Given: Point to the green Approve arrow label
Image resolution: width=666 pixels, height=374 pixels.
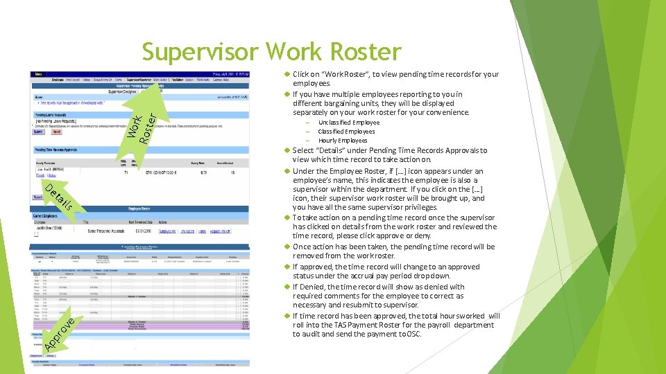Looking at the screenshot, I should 59,331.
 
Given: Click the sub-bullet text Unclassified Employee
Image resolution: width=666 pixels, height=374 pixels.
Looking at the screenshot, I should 348,123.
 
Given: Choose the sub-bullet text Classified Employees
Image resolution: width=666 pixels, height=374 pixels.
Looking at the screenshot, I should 346,132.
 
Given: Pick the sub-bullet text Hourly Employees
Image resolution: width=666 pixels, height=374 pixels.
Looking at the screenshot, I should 343,141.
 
